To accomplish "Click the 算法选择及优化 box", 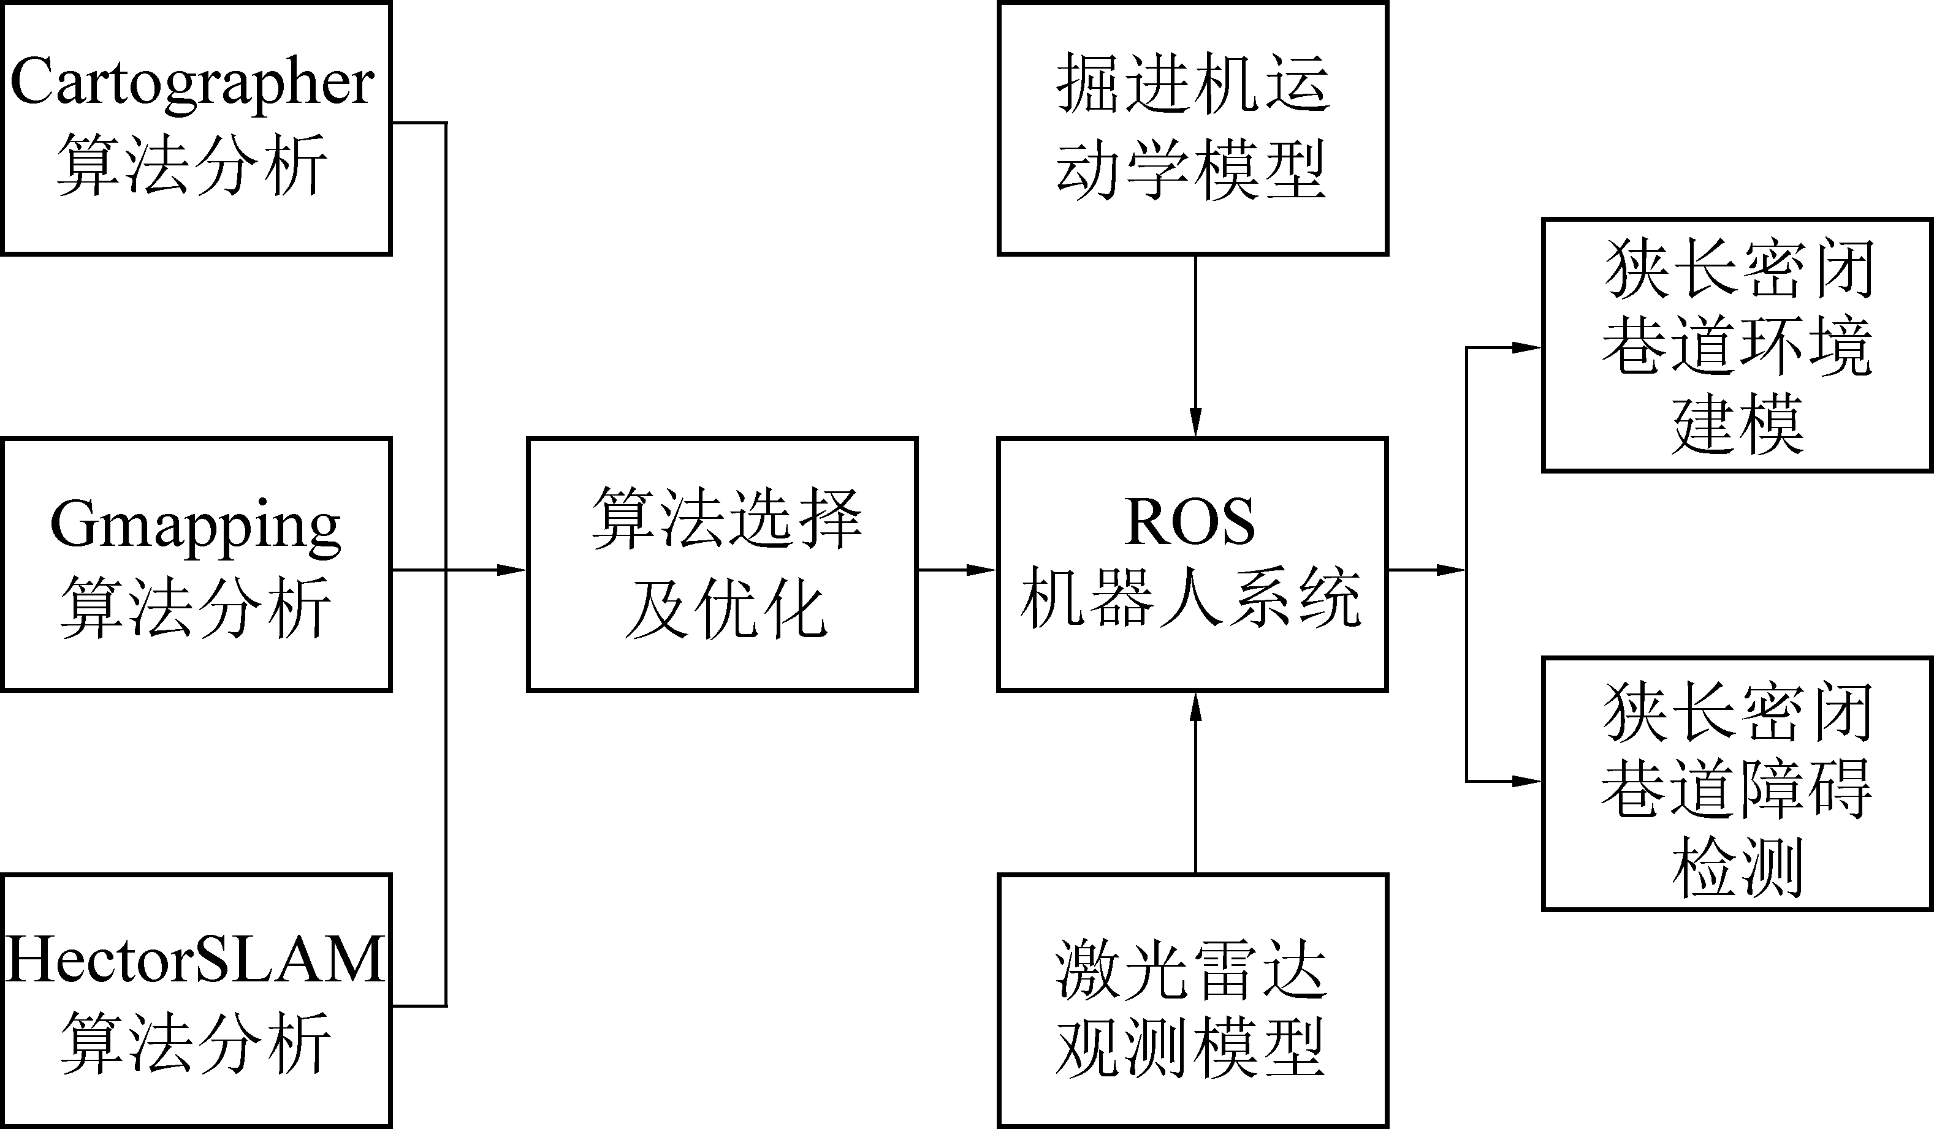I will coord(722,565).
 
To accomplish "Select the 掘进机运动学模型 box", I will coord(1193,128).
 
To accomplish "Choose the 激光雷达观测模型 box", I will coord(1193,1000).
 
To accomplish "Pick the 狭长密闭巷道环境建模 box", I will coord(1737,345).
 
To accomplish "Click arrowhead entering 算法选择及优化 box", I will coord(512,570).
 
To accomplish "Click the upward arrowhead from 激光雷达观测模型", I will coord(1195,706).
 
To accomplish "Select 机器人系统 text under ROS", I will coord(1190,599).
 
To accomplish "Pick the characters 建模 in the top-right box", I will coord(1737,424).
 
